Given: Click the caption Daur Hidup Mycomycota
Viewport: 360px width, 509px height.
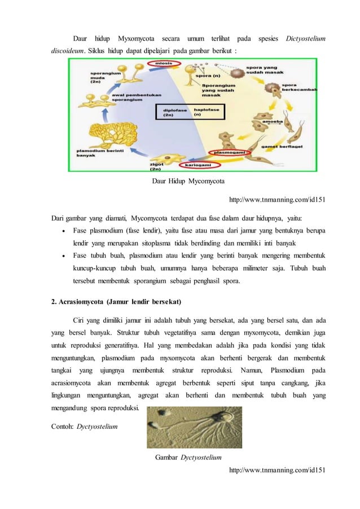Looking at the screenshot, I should (188, 182).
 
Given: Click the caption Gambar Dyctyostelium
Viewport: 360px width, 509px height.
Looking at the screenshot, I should (188, 457).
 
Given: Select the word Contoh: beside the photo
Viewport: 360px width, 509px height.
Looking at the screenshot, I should (63, 427).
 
